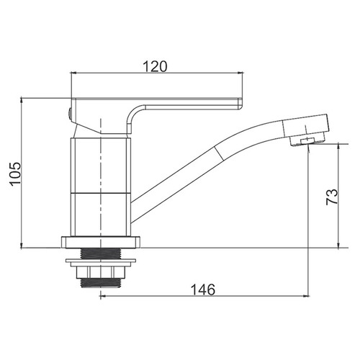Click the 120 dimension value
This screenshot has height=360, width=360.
click(155, 66)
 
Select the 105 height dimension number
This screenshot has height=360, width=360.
click(15, 174)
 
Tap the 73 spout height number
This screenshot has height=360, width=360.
click(332, 197)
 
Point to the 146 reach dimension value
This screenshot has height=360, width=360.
click(203, 289)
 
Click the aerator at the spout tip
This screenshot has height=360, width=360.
click(307, 141)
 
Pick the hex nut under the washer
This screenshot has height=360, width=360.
click(101, 273)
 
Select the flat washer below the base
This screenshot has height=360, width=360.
click(101, 263)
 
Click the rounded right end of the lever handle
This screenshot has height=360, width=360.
click(240, 104)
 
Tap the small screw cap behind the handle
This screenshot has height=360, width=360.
click(70, 114)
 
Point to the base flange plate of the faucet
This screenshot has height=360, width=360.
click(101, 242)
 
